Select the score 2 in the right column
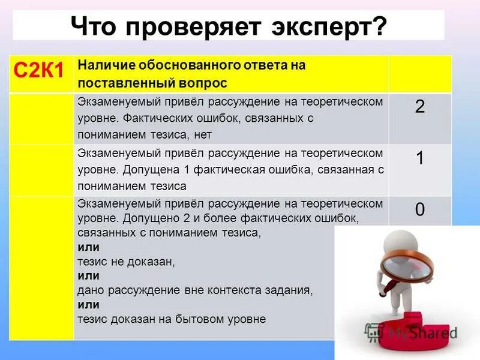tap(420, 107)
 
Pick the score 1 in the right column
tap(420, 158)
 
